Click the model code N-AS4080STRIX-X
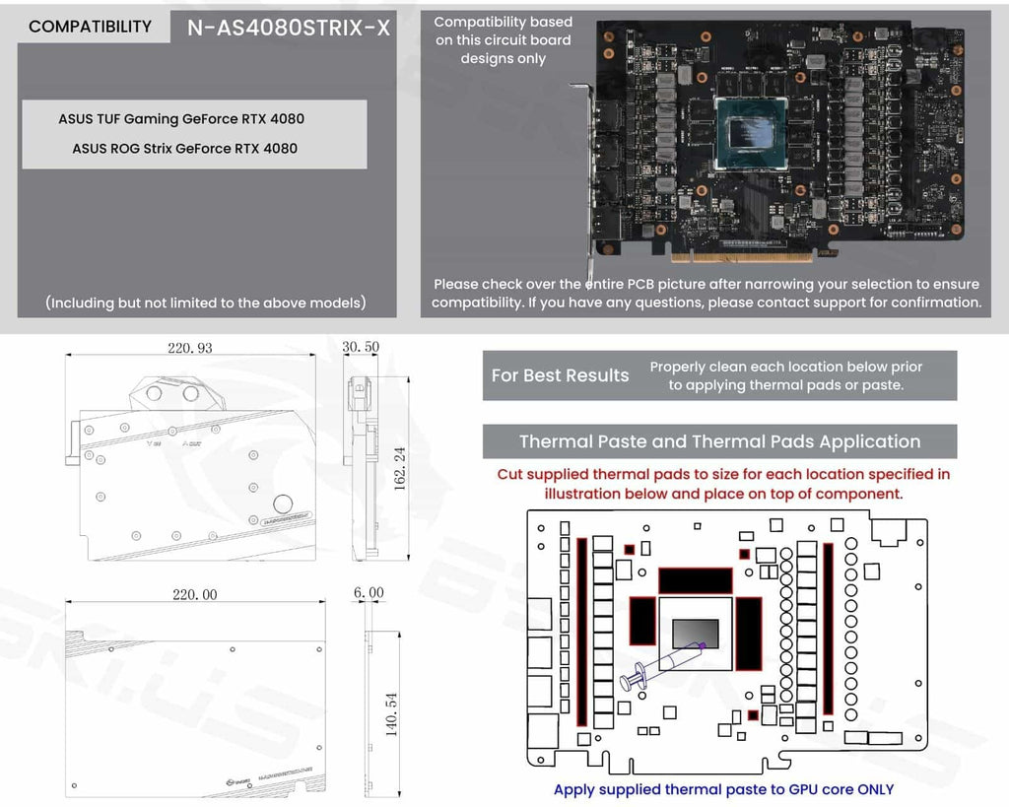click(288, 28)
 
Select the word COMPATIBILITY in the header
click(90, 27)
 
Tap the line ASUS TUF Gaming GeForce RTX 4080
click(181, 119)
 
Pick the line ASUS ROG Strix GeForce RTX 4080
click(184, 149)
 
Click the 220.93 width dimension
click(190, 348)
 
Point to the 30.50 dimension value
click(361, 348)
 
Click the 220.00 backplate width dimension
click(194, 595)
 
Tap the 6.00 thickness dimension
click(368, 593)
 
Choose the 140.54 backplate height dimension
click(391, 714)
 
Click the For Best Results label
click(560, 375)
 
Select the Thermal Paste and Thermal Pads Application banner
click(719, 441)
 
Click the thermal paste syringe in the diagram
click(660, 665)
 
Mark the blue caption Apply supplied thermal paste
click(723, 789)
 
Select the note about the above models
click(206, 303)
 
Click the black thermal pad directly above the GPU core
click(696, 580)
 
